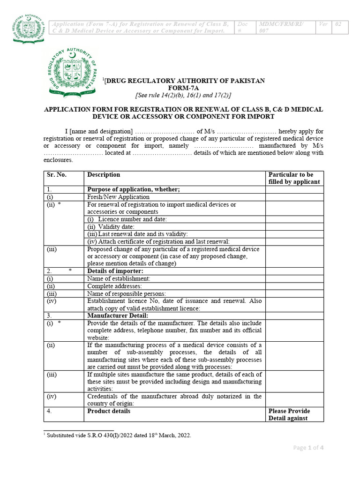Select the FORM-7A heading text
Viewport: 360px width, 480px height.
tap(183, 88)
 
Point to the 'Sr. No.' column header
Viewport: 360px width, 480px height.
tap(57, 175)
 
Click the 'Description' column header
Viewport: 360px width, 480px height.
tap(104, 175)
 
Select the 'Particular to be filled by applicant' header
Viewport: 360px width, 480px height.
tap(294, 178)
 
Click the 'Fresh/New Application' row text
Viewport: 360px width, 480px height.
tap(119, 197)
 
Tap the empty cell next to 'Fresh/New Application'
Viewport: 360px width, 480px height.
tap(294, 197)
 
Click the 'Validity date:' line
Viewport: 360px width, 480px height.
tap(111, 226)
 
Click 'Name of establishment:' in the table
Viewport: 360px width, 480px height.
tap(119, 278)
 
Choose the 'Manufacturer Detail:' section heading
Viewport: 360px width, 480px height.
tap(118, 315)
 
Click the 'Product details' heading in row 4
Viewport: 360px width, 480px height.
tap(109, 411)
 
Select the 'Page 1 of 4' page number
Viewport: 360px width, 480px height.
tap(308, 448)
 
